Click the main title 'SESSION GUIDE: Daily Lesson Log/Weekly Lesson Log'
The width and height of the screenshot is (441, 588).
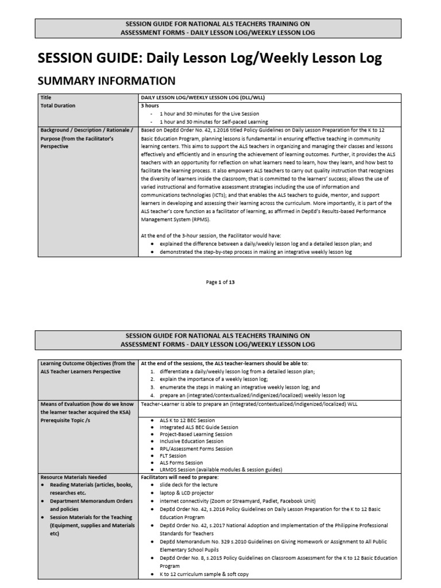click(x=209, y=58)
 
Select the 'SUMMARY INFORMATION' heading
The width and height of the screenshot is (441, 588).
click(x=106, y=80)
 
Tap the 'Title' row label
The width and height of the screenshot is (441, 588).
click(x=45, y=98)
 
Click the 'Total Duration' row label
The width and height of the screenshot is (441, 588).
click(x=57, y=106)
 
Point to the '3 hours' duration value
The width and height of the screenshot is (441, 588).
click(x=150, y=106)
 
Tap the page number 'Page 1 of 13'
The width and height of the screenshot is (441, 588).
click(x=220, y=282)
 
